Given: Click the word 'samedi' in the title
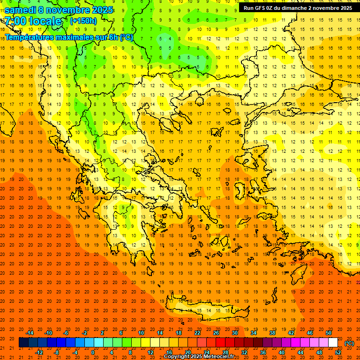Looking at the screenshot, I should point(21,10).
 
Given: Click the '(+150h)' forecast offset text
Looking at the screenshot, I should point(83,21).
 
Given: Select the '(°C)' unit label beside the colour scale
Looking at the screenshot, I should point(349,343).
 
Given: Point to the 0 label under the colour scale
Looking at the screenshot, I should point(93,352).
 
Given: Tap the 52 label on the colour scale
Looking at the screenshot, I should point(338,352).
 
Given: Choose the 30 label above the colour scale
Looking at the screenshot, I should point(234,333).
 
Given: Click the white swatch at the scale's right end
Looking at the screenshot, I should point(333,343).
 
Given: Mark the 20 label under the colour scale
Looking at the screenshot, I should point(187,352).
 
